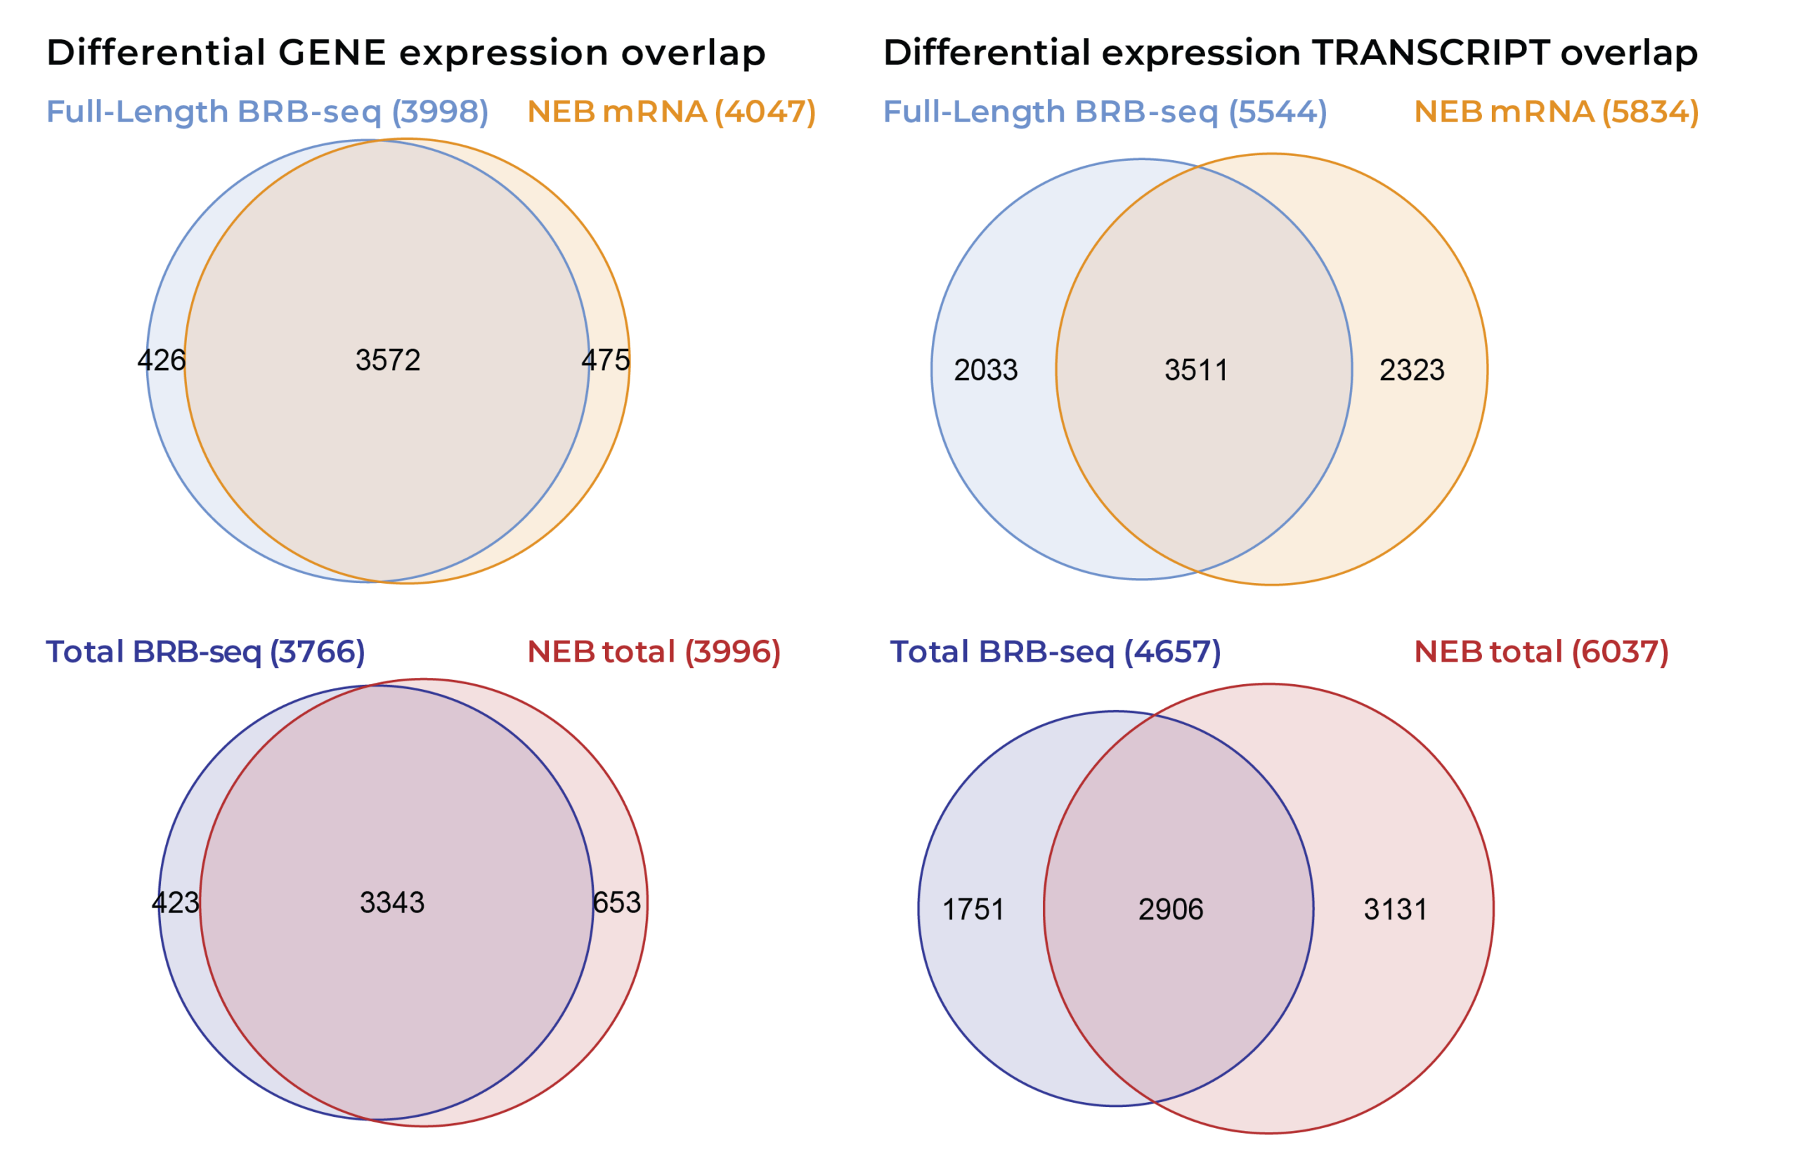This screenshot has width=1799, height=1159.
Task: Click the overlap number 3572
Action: click(x=388, y=360)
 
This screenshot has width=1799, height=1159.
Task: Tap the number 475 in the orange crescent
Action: click(x=605, y=360)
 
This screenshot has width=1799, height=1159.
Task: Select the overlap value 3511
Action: click(x=1196, y=370)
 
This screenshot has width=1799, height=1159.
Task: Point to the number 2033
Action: click(x=985, y=370)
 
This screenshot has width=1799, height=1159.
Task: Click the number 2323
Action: click(x=1411, y=370)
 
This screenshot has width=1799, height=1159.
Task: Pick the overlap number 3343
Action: click(x=392, y=903)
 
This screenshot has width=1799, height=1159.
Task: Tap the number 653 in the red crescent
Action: click(x=616, y=903)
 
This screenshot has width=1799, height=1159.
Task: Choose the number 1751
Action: click(x=973, y=910)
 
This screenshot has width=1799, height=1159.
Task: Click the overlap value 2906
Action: click(x=1171, y=910)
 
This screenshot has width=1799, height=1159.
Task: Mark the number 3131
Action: click(x=1396, y=910)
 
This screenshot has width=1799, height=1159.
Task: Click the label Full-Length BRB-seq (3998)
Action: click(x=267, y=112)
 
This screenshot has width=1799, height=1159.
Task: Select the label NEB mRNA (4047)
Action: click(x=670, y=112)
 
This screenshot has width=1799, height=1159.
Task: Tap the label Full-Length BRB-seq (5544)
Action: click(x=1104, y=112)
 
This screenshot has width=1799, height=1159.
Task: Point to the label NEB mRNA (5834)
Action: click(x=1556, y=112)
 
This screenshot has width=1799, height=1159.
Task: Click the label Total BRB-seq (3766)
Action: click(x=204, y=652)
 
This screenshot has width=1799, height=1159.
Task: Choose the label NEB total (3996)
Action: click(x=654, y=652)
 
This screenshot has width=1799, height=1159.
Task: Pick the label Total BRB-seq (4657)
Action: click(x=1055, y=652)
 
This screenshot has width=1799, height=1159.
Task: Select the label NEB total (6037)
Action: click(x=1541, y=652)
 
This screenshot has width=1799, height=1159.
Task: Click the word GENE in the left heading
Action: click(x=332, y=53)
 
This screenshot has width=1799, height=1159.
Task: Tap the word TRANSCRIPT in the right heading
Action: click(x=1429, y=53)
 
